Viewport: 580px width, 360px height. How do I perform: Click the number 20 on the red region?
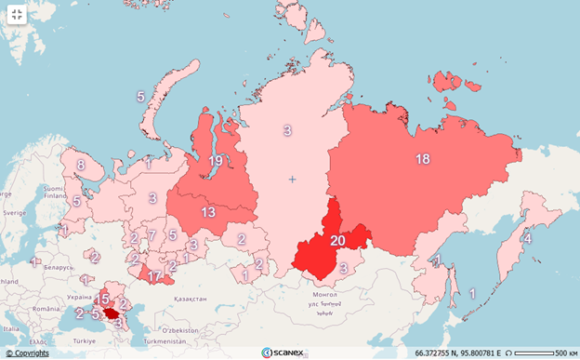(338, 240)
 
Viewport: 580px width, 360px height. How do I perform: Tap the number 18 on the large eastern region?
(422, 159)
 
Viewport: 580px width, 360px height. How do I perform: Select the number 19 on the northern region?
(215, 161)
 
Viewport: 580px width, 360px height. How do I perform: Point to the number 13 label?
(208, 212)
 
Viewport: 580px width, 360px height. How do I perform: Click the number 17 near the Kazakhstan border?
(154, 276)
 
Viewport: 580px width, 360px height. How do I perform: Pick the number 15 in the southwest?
(103, 299)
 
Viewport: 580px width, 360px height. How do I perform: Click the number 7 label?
(151, 235)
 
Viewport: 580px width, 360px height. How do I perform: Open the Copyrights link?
(27, 353)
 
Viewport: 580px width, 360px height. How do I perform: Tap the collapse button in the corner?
(16, 16)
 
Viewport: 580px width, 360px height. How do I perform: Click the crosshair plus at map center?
(292, 179)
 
